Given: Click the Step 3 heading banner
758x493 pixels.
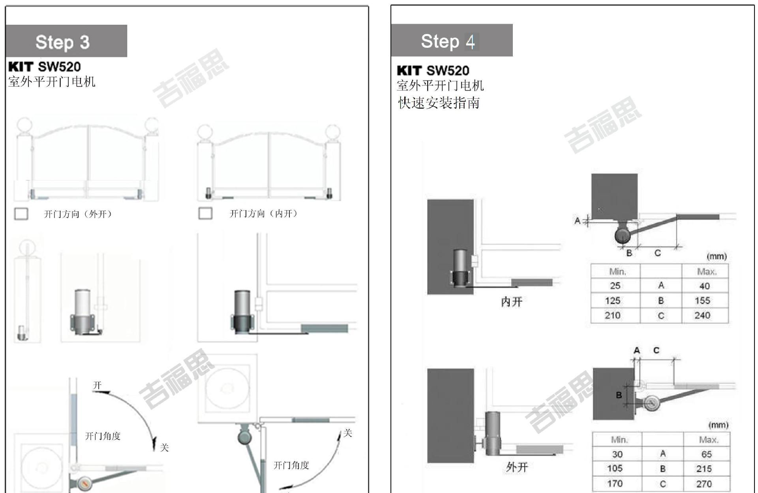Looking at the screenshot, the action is (x=66, y=41).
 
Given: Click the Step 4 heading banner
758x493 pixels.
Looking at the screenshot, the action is (x=452, y=40).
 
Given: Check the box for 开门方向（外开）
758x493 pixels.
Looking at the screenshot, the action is (x=21, y=214).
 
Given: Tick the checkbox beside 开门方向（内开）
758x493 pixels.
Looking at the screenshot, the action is (x=205, y=213).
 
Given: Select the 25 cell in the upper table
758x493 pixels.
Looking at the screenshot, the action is (x=615, y=286).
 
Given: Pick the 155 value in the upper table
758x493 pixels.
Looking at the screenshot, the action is (x=702, y=301).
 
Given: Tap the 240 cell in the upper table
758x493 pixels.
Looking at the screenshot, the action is (x=702, y=315).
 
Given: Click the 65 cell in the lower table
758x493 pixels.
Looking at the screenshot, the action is (x=706, y=454).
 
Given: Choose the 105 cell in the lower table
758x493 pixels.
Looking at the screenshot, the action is (x=615, y=469).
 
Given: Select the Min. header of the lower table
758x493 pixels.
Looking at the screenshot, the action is (x=619, y=440).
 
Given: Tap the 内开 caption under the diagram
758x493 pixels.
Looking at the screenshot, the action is (x=512, y=302).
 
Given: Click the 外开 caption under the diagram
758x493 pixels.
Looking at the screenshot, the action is (x=517, y=467).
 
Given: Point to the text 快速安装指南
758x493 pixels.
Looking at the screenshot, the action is (x=439, y=103).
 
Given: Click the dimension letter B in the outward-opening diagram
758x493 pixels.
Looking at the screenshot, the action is (x=619, y=395).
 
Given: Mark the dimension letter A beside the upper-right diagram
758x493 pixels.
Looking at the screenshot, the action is (x=577, y=221).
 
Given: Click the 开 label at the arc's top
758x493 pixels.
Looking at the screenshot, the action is (x=97, y=386).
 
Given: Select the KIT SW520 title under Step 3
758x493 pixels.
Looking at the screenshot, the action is (x=45, y=67).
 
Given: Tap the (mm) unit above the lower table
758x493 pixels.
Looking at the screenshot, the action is (x=718, y=425).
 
